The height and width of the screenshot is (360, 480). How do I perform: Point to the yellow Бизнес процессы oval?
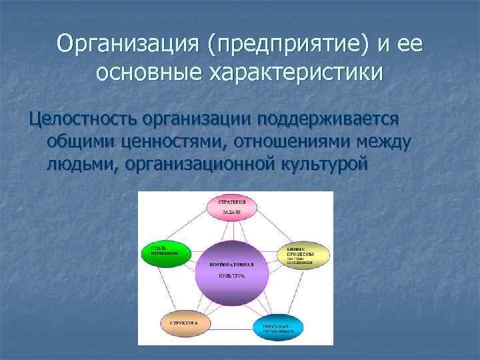(304, 254)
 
